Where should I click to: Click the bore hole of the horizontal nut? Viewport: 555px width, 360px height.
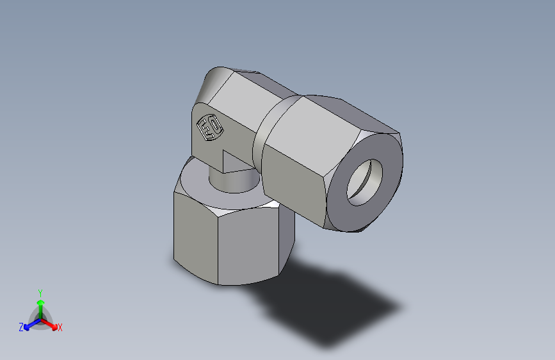pos(364,181)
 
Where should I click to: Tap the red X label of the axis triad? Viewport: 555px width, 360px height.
pos(60,328)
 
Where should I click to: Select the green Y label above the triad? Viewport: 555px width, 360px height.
pos(40,292)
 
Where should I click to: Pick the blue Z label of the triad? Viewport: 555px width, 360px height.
pos(21,327)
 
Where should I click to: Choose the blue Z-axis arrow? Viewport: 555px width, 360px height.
pos(29,323)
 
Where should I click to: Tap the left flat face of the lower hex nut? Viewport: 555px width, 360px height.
pos(195,234)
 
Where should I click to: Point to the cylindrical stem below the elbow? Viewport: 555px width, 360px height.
pos(234,179)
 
